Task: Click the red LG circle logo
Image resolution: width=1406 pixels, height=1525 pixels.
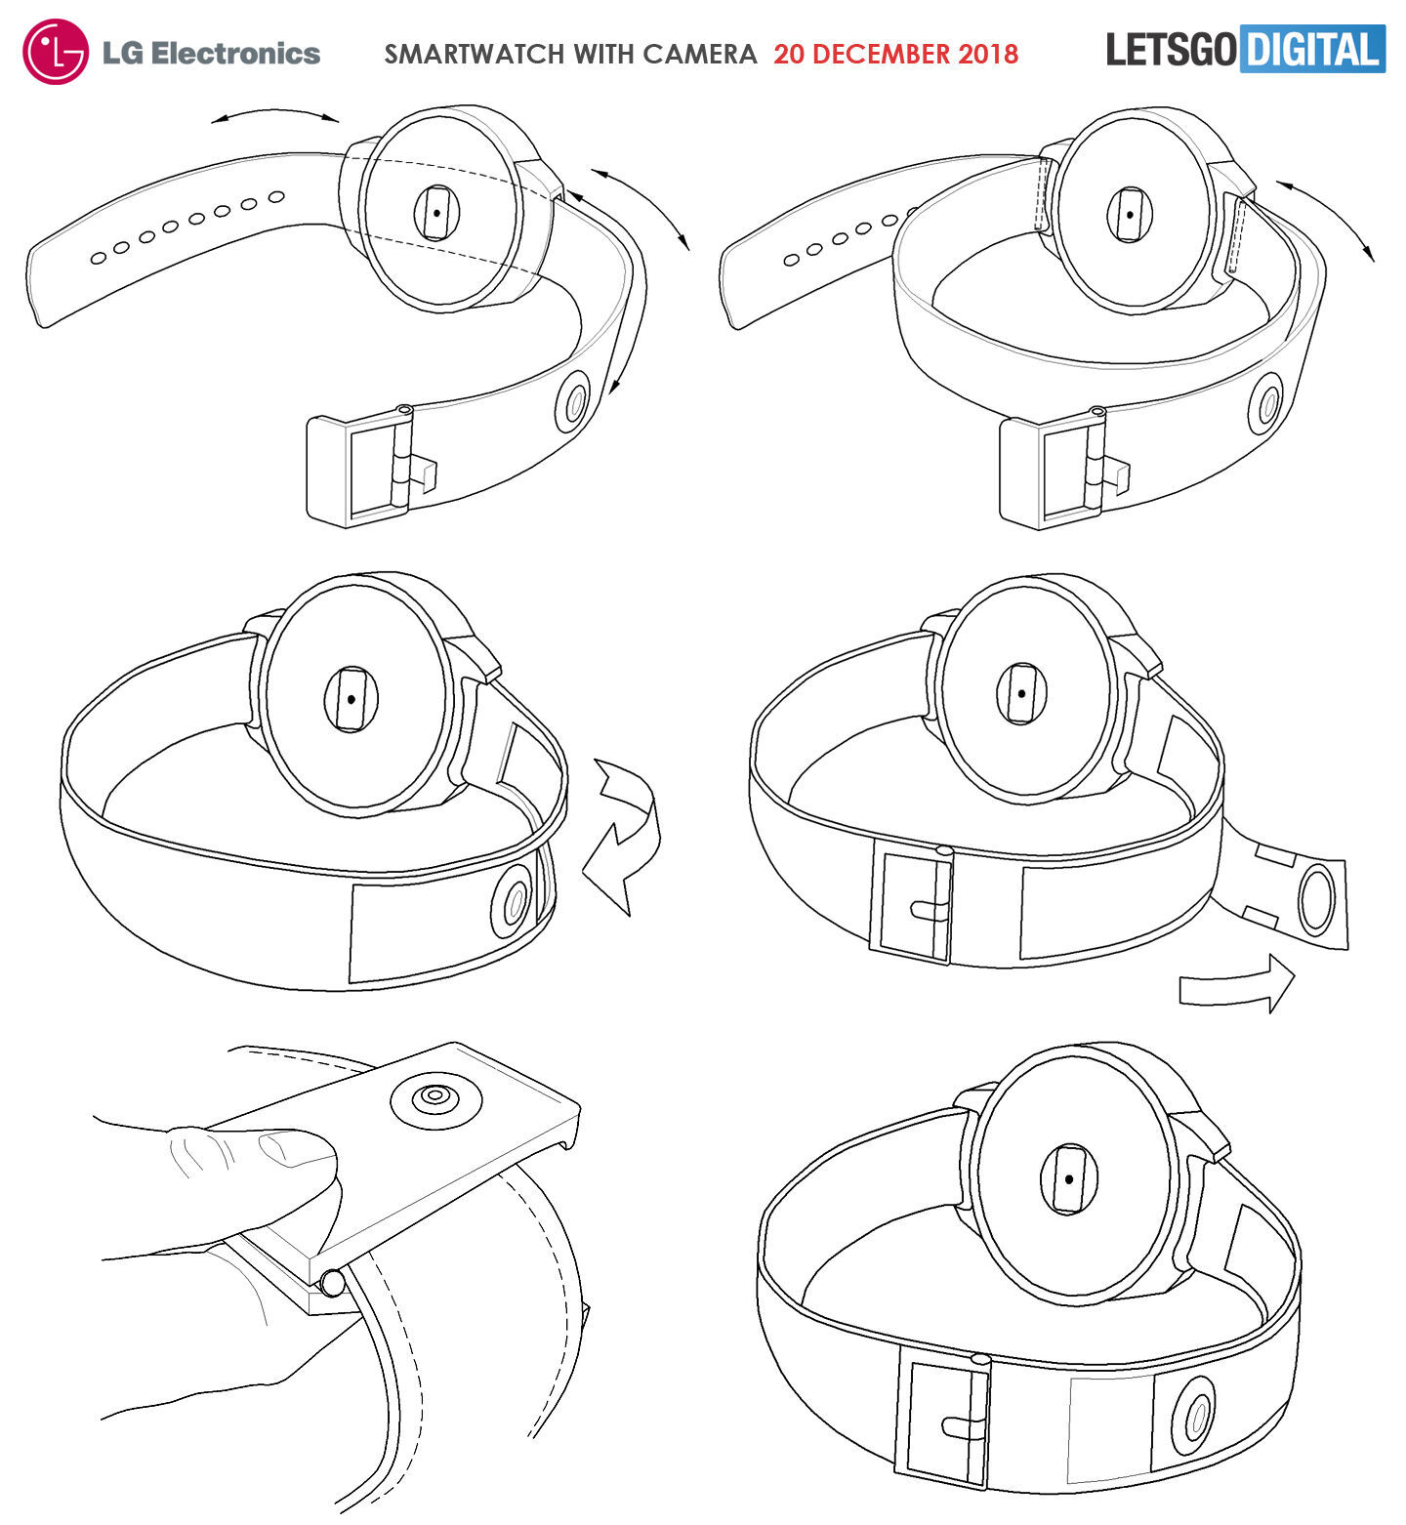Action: pos(57,52)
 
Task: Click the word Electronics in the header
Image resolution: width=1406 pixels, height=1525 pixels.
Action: pos(236,53)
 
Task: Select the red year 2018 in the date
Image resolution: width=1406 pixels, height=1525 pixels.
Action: pos(988,54)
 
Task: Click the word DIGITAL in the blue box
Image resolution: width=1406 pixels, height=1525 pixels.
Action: pos(1312,50)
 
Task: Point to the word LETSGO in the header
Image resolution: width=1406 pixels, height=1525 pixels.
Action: pos(1172,50)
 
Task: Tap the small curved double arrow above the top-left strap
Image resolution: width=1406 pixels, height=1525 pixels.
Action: pos(275,116)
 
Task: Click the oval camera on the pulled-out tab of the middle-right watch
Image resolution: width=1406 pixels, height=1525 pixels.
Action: pos(1315,899)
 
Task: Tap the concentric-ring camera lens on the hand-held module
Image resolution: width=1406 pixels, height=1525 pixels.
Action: pos(436,1099)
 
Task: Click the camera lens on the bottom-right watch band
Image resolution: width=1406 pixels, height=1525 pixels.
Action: pos(1193,1422)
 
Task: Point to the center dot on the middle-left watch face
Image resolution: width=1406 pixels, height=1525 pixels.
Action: pos(350,698)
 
